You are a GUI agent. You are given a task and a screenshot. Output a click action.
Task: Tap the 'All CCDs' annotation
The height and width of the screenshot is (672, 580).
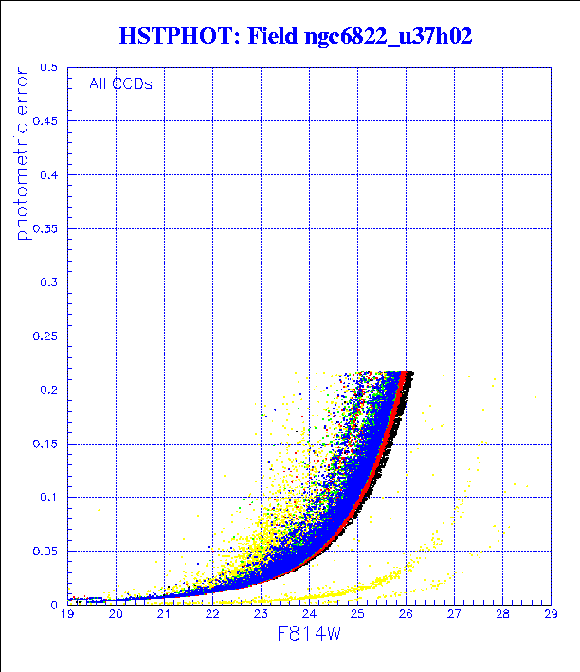coord(120,83)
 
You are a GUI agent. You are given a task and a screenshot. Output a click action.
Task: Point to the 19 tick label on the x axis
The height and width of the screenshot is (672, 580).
coord(67,615)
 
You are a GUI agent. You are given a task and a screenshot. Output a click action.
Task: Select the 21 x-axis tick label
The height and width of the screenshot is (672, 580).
coord(164,615)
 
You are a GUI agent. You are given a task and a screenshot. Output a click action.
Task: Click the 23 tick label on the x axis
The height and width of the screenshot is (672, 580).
coord(261,615)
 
